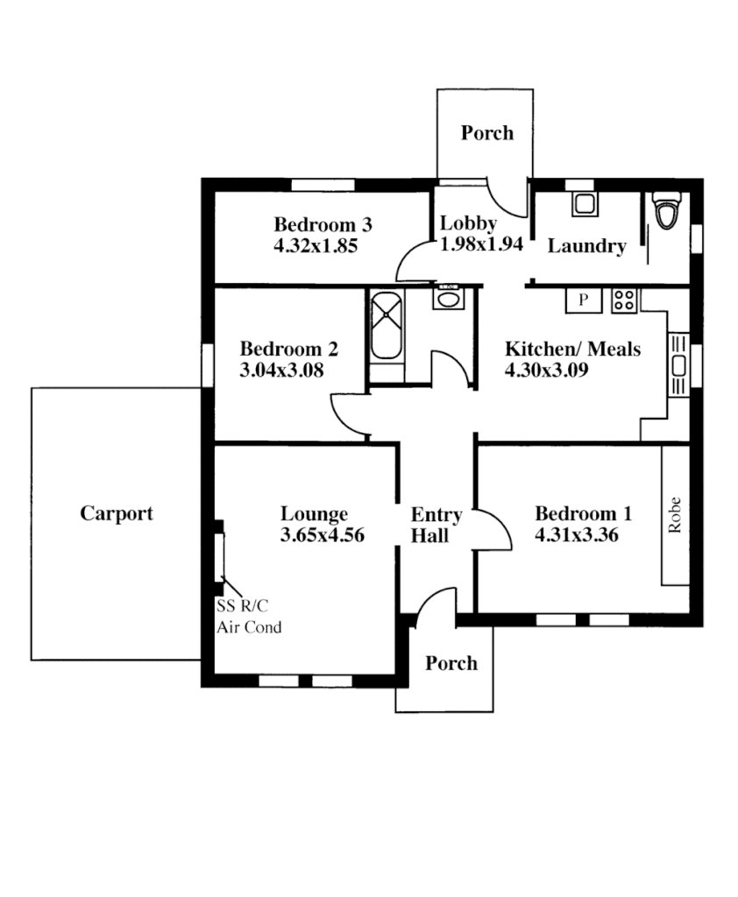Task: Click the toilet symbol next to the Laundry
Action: tap(667, 211)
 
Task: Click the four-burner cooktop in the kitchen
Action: tap(624, 300)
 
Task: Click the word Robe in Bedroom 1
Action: tap(675, 516)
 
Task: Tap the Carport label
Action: tap(117, 514)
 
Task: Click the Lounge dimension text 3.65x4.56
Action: tap(322, 535)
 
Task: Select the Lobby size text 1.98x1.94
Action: tap(481, 244)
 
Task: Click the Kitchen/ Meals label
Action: tap(572, 350)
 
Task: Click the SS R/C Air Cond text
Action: tap(249, 616)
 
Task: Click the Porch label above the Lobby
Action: tap(487, 133)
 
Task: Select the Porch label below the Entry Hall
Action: tap(451, 663)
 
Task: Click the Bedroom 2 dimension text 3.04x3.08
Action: tap(281, 371)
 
